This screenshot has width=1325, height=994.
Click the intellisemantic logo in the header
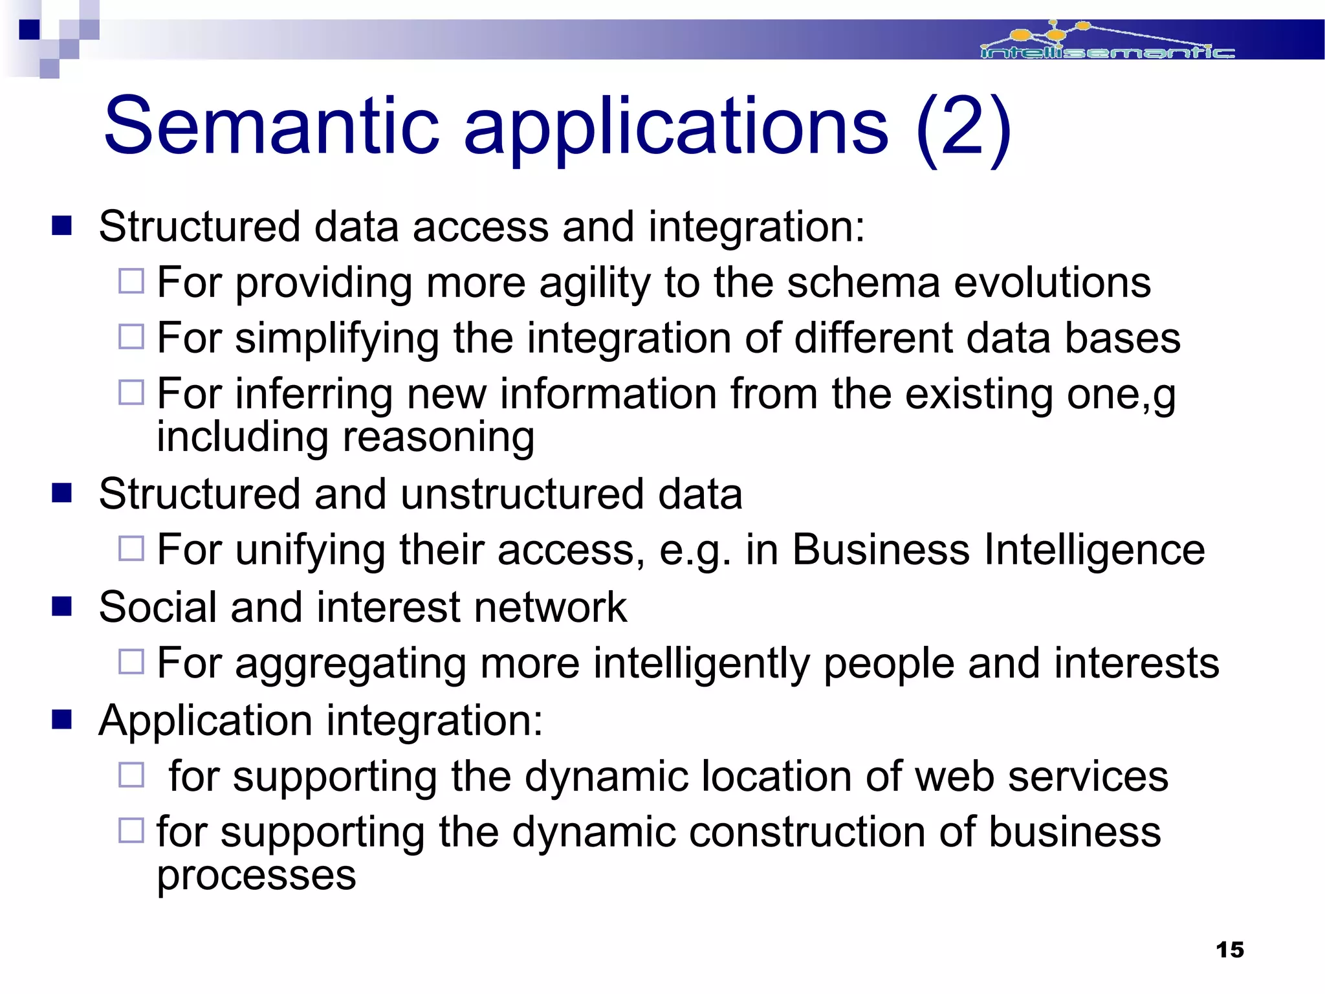(x=1107, y=43)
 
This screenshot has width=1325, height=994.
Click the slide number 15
(x=1230, y=950)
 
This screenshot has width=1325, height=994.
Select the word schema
(x=863, y=283)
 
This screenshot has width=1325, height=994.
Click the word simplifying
(x=336, y=339)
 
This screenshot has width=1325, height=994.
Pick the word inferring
(x=313, y=395)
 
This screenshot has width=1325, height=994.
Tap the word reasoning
(x=438, y=438)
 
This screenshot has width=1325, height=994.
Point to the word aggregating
(x=350, y=665)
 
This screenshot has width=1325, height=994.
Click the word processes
(x=256, y=876)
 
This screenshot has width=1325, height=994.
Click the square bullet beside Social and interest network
(x=62, y=607)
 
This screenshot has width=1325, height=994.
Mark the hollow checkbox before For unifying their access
(x=131, y=549)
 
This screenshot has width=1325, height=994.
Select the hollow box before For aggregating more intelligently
(x=131, y=662)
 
